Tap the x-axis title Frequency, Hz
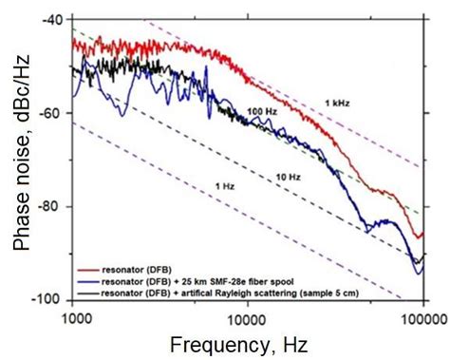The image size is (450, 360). pyautogui.click(x=248, y=342)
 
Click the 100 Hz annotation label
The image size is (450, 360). pyautogui.click(x=261, y=112)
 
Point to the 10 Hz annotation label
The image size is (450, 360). pyautogui.click(x=289, y=178)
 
